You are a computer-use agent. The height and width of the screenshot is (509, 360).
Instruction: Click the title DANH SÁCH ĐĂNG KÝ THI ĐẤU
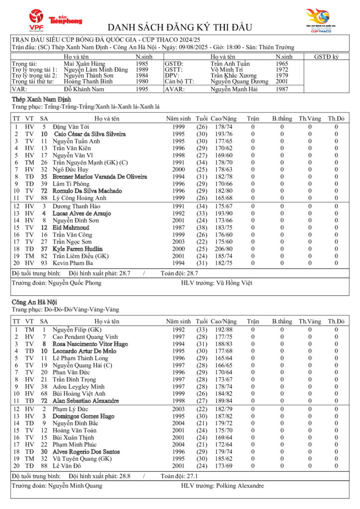pyautogui.click(x=180, y=27)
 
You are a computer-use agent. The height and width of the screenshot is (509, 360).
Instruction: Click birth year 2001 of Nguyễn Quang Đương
pyautogui.click(x=281, y=81)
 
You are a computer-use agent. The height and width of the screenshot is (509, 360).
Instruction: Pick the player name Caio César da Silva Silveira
pyautogui.click(x=90, y=134)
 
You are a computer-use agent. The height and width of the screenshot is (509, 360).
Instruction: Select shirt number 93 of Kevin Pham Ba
pyautogui.click(x=44, y=263)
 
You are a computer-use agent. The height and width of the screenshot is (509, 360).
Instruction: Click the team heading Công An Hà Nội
pyautogui.click(x=34, y=302)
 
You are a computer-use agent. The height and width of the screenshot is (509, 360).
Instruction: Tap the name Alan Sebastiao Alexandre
pyautogui.click(x=86, y=401)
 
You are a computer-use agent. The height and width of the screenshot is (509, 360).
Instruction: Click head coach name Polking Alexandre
pyautogui.click(x=239, y=486)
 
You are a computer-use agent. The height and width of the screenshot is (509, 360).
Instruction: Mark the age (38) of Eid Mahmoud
pyautogui.click(x=201, y=227)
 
